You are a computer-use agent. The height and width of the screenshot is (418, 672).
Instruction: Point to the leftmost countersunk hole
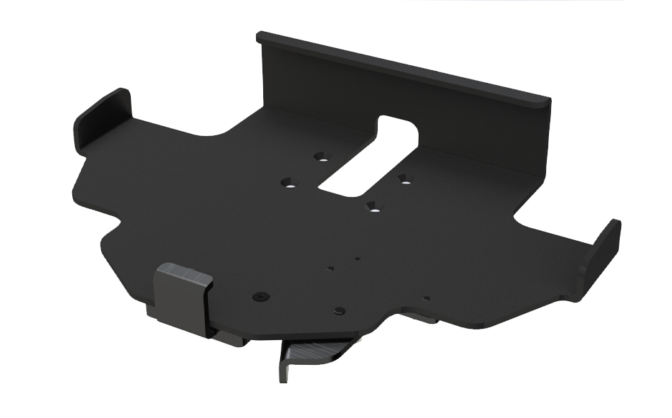pyautogui.click(x=288, y=183)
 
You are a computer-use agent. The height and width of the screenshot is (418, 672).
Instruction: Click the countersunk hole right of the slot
pyautogui.click(x=404, y=179)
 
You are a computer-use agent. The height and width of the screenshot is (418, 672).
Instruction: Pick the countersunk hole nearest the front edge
pyautogui.click(x=372, y=207)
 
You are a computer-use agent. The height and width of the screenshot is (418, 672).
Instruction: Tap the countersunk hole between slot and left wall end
pyautogui.click(x=322, y=155)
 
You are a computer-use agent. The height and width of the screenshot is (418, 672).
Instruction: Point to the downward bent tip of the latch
pyautogui.click(x=285, y=368)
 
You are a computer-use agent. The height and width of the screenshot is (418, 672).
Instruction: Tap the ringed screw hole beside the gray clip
pyautogui.click(x=262, y=295)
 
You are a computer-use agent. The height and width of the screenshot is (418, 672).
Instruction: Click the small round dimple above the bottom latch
pyautogui.click(x=340, y=311)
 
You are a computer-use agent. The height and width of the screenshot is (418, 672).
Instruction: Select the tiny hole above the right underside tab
pyautogui.click(x=425, y=298)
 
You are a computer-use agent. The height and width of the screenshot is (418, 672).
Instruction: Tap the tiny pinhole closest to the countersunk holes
pyautogui.click(x=358, y=259)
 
